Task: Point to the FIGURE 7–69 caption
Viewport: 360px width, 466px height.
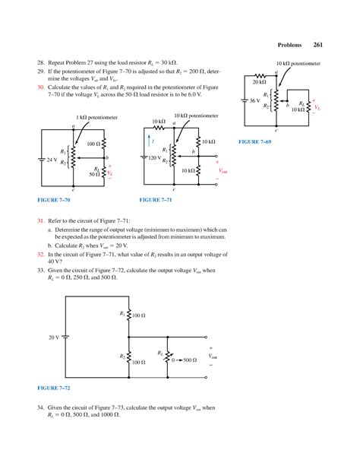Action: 255,141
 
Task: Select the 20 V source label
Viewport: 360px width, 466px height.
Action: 54,336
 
